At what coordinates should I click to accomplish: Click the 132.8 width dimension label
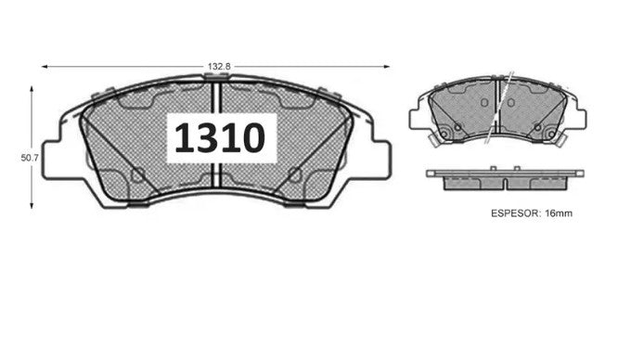click(218, 67)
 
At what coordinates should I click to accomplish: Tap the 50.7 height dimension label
click(30, 158)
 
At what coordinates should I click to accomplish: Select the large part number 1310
click(220, 138)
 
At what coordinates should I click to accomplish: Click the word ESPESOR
click(515, 213)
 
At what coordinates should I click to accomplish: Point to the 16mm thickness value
click(558, 213)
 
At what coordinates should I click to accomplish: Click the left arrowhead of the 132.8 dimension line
click(45, 67)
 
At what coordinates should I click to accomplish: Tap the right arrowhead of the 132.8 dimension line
click(386, 67)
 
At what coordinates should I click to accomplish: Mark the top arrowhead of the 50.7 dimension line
click(32, 89)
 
